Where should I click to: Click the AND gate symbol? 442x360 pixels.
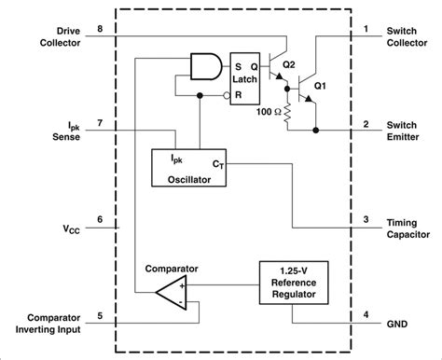pos(206,66)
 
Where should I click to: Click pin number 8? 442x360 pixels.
pos(100,31)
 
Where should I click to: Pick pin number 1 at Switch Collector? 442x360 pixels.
pos(366,31)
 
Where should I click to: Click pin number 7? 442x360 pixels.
pos(100,124)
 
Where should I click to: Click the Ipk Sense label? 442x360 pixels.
pos(66,132)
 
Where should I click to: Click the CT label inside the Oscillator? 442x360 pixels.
pos(216,163)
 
